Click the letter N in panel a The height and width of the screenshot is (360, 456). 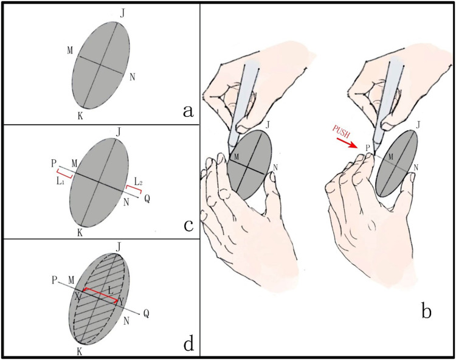tap(133, 77)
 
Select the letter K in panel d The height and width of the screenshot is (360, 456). tap(80, 351)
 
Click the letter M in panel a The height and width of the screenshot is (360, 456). tap(71, 49)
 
